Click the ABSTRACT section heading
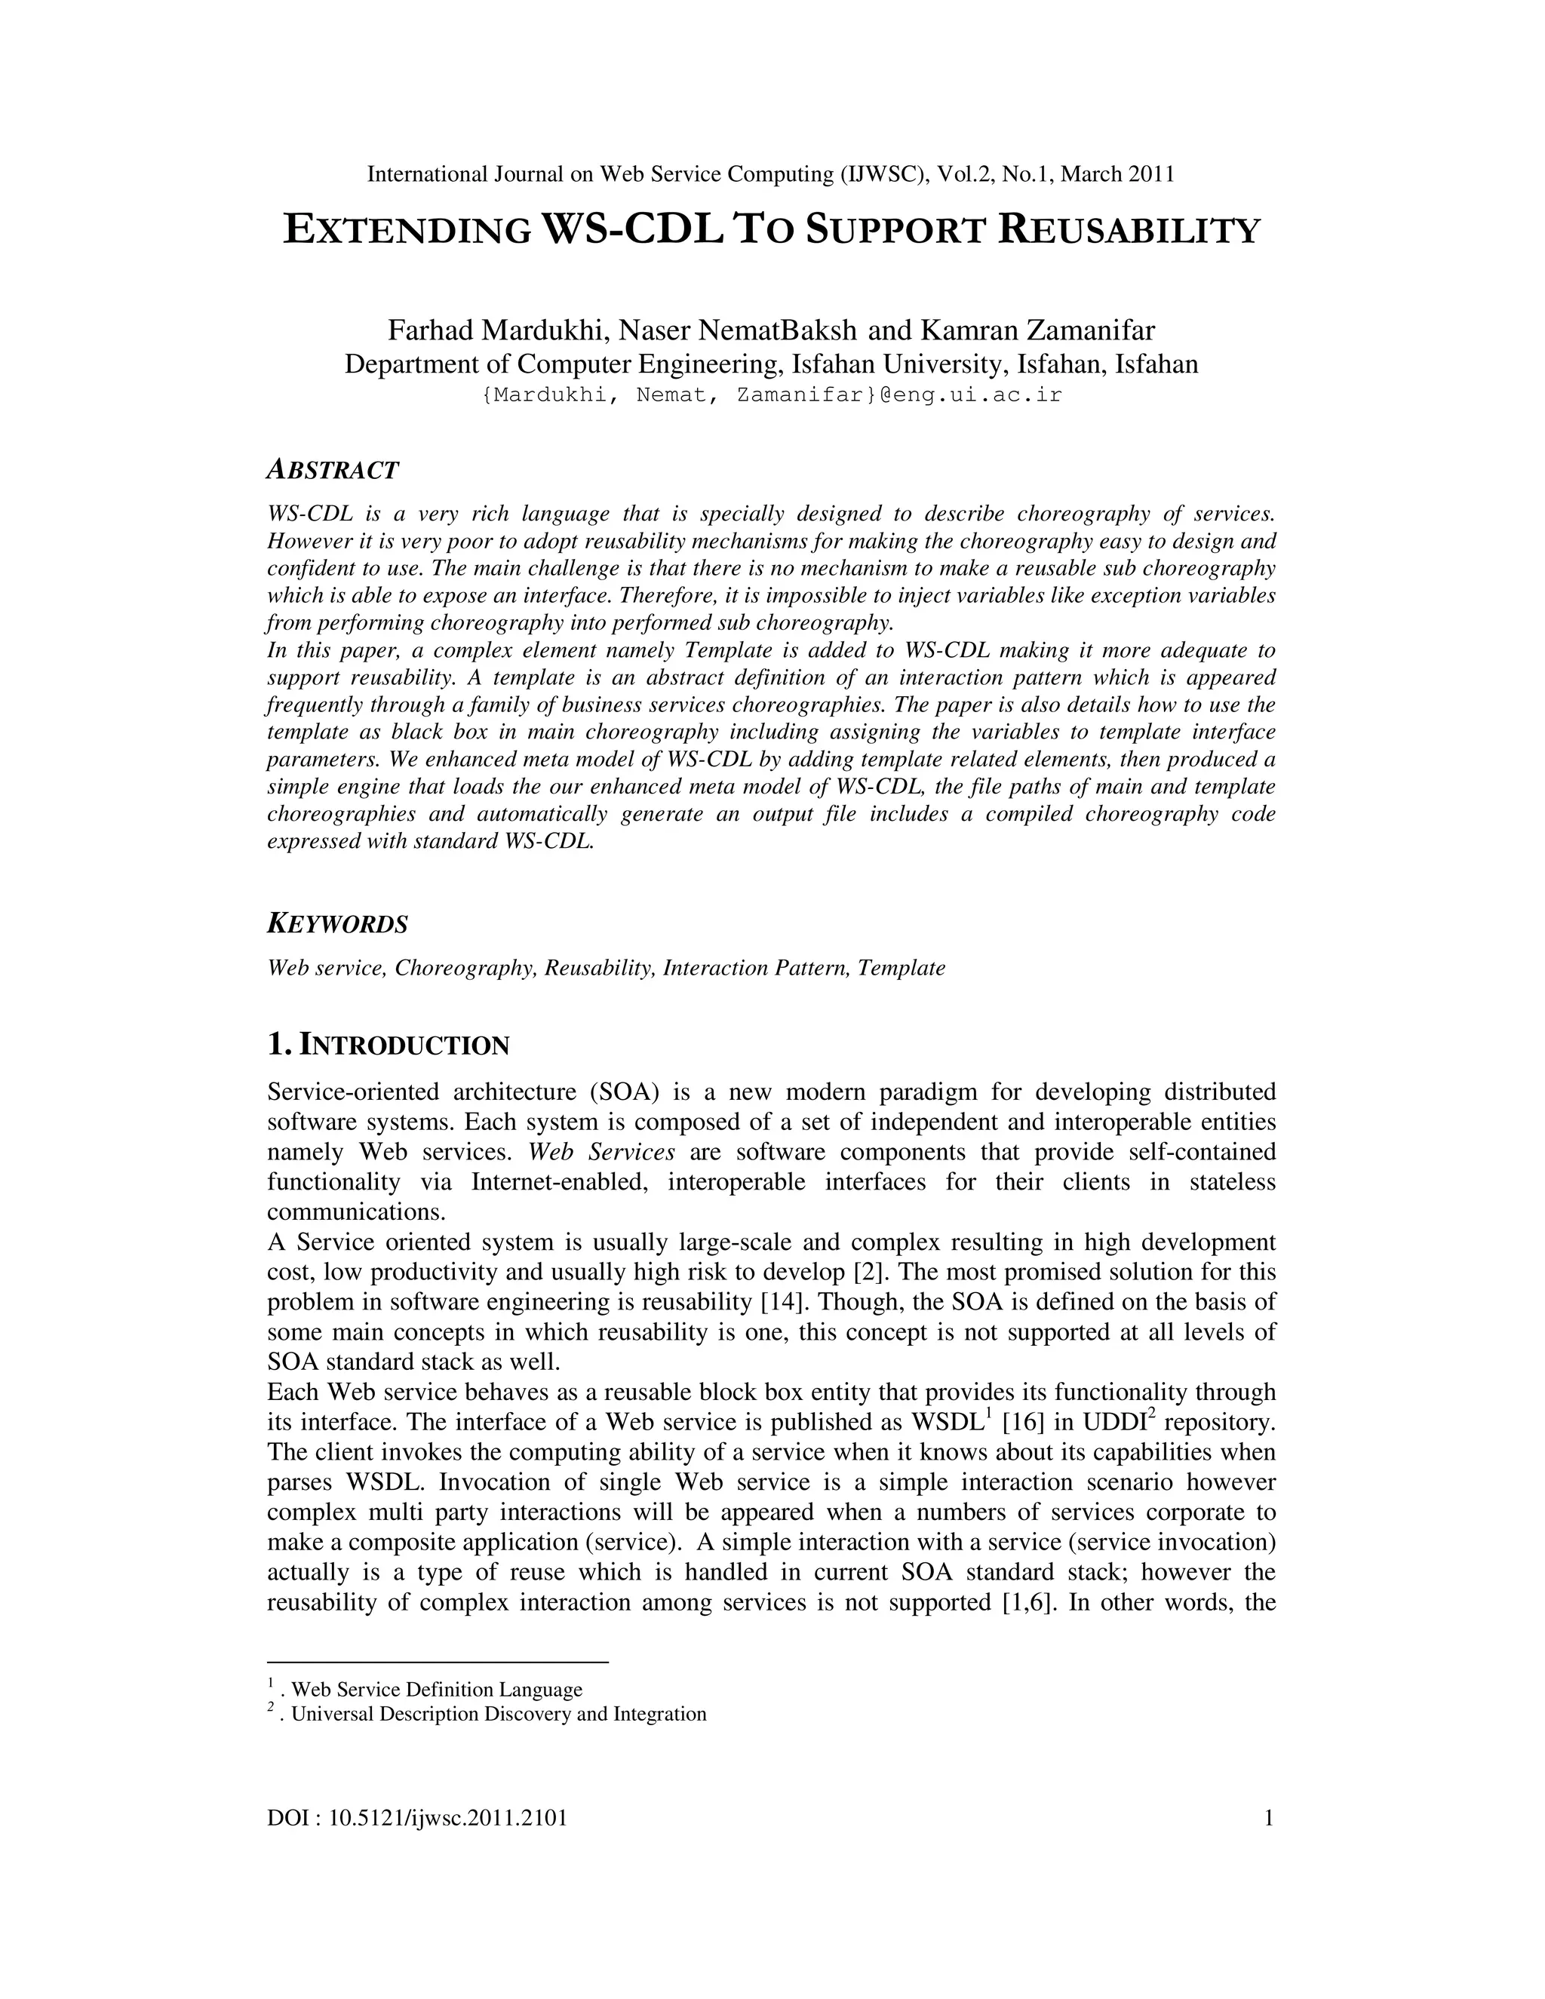[332, 471]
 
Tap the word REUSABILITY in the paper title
[1129, 231]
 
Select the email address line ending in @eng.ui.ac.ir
[772, 396]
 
